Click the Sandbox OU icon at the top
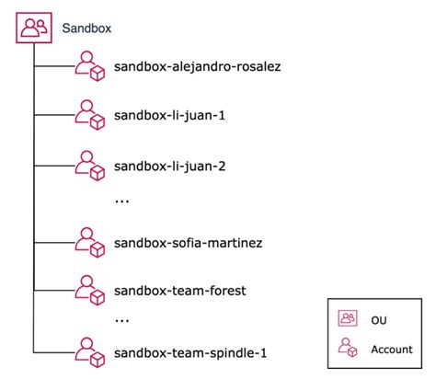click(33, 28)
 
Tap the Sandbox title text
click(86, 29)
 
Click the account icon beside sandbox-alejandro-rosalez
click(90, 65)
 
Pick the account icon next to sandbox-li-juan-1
click(90, 115)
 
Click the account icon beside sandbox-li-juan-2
click(90, 165)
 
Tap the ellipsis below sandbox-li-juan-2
click(121, 200)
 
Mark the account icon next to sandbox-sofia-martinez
click(90, 243)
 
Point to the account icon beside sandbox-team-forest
click(90, 292)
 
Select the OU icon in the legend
click(348, 318)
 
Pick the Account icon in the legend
click(348, 349)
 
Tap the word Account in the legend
click(391, 349)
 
